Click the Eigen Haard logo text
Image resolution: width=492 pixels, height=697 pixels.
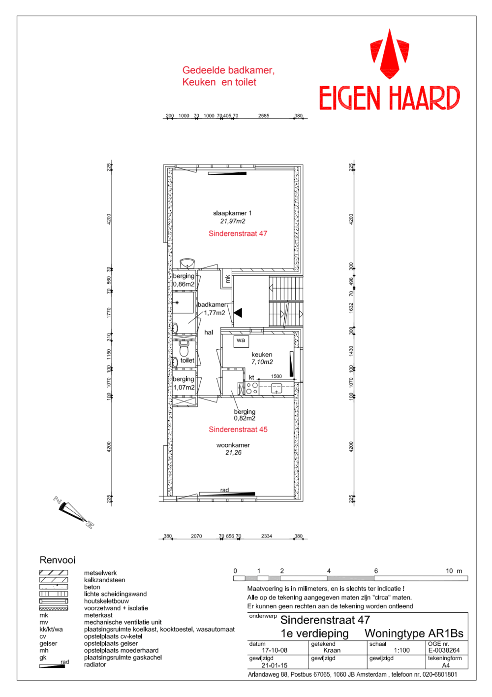[x=390, y=98]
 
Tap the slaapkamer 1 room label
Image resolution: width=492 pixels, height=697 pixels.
[x=232, y=213]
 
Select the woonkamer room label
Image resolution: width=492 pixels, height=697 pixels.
[x=233, y=445]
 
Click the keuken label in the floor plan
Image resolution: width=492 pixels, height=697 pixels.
[x=262, y=355]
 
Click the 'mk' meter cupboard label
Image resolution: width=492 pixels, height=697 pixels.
[x=228, y=279]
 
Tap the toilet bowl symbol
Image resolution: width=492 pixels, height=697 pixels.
[x=184, y=349]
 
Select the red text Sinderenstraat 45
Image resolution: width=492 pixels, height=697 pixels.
[x=238, y=430]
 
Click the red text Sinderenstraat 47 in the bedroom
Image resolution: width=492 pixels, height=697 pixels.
[x=238, y=233]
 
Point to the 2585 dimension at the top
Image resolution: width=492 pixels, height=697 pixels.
[x=264, y=116]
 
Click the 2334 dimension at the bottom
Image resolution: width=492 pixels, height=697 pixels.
[x=266, y=536]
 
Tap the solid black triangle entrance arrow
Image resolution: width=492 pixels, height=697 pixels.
[x=238, y=313]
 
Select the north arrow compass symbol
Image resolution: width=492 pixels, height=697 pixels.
[x=74, y=512]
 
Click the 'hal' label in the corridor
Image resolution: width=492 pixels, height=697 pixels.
[x=209, y=332]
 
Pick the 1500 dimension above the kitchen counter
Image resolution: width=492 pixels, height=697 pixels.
[x=277, y=376]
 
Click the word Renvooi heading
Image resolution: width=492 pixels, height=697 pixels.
[x=58, y=561]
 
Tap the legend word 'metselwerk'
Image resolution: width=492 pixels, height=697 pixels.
[x=100, y=573]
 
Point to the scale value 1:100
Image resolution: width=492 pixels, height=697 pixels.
[x=401, y=650]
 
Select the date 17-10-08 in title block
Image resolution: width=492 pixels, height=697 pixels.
[x=275, y=650]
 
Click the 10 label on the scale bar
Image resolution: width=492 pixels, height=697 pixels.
[x=449, y=571]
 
